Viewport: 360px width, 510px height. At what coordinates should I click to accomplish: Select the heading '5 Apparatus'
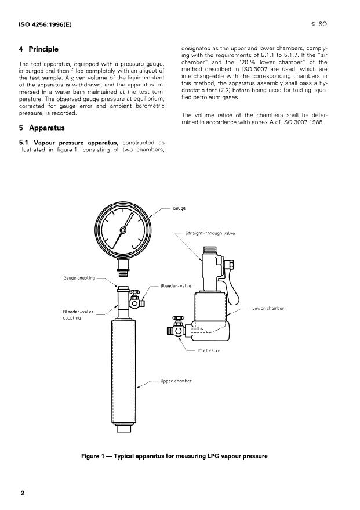pyautogui.click(x=41, y=128)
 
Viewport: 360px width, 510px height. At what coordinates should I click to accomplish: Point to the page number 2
pyautogui.click(x=23, y=493)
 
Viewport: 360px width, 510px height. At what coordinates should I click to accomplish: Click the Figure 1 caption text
pyautogui.click(x=174, y=456)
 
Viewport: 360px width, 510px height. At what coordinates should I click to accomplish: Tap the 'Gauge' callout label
pyautogui.click(x=179, y=208)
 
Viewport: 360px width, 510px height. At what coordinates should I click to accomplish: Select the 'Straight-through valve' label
pyautogui.click(x=210, y=233)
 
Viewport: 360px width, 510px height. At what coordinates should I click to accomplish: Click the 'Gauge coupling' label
pyautogui.click(x=79, y=278)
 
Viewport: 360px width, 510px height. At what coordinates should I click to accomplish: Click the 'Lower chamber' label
pyautogui.click(x=268, y=308)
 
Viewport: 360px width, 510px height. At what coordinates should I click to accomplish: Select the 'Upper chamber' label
pyautogui.click(x=176, y=381)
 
